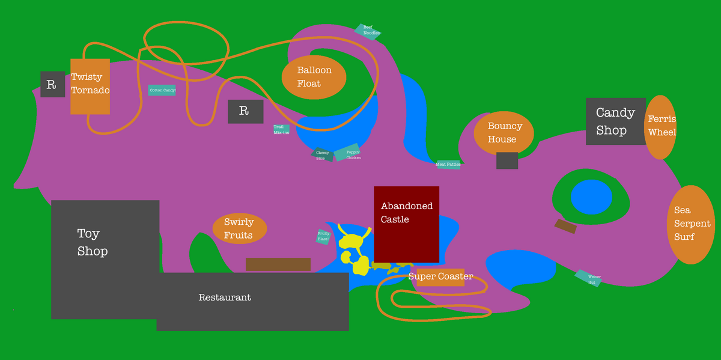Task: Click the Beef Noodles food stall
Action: [x=368, y=31]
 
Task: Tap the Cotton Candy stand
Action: [x=162, y=90]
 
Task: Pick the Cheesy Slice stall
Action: [x=323, y=155]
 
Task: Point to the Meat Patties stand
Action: [x=448, y=164]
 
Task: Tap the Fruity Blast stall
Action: [x=324, y=236]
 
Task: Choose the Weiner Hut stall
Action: [x=588, y=278]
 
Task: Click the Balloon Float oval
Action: [x=314, y=77]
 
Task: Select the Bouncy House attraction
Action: [x=503, y=133]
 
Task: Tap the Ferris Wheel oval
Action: [x=660, y=127]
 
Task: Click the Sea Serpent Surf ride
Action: [x=691, y=224]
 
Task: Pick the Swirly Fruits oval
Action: [x=239, y=228]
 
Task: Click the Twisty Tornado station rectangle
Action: [x=90, y=86]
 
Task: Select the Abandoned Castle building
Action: [x=406, y=224]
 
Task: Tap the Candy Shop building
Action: [x=615, y=121]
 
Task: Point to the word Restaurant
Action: [x=225, y=297]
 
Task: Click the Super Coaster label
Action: [x=440, y=276]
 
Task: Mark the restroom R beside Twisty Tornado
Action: [x=52, y=84]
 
